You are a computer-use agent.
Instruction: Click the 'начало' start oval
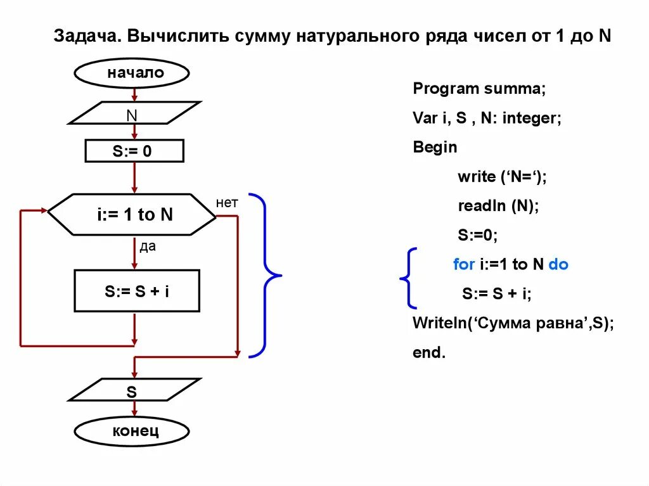[132, 74]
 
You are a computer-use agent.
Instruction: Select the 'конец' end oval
[132, 432]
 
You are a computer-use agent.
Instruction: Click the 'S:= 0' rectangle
[134, 151]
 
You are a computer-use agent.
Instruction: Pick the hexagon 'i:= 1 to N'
[132, 215]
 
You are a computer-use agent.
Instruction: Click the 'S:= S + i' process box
[137, 291]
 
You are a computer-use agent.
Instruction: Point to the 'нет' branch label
[226, 203]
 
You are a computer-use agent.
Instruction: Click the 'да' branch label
[147, 247]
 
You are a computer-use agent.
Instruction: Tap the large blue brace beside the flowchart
[266, 276]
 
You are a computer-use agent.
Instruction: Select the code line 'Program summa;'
[479, 89]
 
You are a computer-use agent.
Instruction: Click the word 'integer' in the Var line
[531, 118]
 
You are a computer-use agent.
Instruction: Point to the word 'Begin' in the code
[435, 147]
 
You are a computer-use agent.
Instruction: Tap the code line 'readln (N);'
[498, 206]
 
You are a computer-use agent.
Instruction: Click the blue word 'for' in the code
[464, 264]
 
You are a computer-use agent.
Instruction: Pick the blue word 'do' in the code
[558, 264]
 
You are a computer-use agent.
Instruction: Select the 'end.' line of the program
[429, 352]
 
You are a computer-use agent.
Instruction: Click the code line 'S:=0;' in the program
[477, 235]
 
